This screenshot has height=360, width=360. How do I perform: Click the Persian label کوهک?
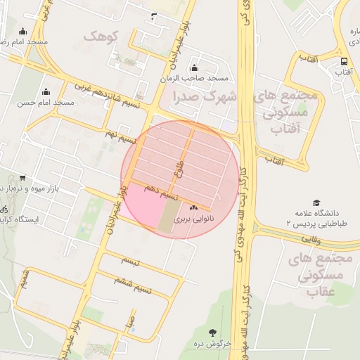[x=101, y=35]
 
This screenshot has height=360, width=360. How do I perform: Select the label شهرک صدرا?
[x=210, y=95]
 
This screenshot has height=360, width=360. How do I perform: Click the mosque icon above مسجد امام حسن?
[x=46, y=91]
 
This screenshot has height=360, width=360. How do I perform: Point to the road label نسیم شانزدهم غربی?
[x=107, y=96]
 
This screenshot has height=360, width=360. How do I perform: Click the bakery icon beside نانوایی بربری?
[x=194, y=208]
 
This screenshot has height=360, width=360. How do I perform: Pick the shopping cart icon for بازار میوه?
[x=23, y=177]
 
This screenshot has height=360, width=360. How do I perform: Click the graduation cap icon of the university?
[x=316, y=202]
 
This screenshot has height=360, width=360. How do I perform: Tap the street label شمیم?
[x=25, y=278]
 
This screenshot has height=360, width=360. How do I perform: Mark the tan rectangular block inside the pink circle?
[x=169, y=215]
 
